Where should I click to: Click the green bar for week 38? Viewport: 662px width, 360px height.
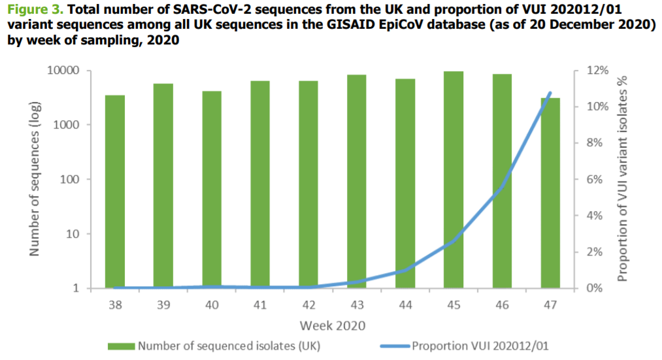[x=115, y=191]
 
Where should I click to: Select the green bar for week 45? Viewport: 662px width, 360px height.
[x=454, y=180]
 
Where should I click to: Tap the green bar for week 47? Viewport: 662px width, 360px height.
[x=550, y=193]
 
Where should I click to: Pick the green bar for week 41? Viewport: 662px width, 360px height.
[x=260, y=184]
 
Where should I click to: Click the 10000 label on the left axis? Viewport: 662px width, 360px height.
[x=64, y=71]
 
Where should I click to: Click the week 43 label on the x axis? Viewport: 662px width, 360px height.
[x=357, y=304]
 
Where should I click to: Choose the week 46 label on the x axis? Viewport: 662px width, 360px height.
[x=502, y=304]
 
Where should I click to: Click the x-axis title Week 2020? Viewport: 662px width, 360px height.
[x=333, y=325]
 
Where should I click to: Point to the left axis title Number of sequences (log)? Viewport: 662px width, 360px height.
[x=34, y=179]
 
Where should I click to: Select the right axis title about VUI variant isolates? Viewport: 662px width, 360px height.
[x=622, y=179]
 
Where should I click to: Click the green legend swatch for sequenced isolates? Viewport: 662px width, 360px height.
[x=121, y=346]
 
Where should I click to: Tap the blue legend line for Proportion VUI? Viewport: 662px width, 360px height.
[x=395, y=346]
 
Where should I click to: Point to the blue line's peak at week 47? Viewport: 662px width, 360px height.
[x=550, y=92]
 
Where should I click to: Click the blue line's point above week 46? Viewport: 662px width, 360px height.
[x=502, y=186]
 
